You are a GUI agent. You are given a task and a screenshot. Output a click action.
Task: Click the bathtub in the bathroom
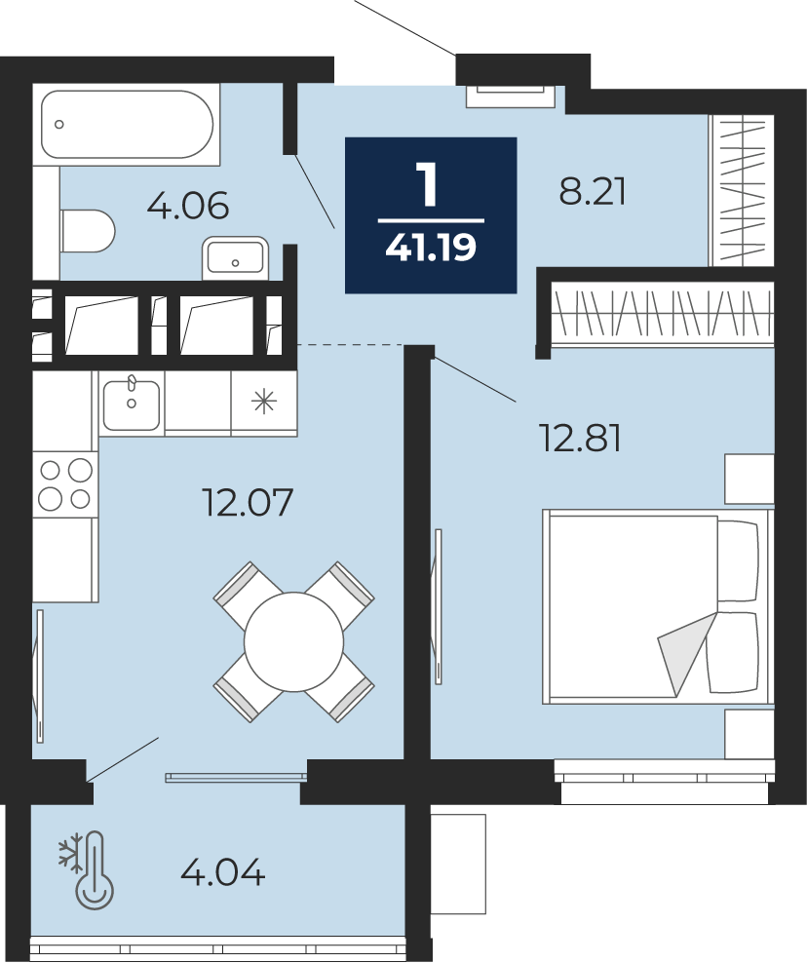click(126, 125)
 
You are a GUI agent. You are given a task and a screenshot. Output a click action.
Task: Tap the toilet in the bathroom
click(88, 231)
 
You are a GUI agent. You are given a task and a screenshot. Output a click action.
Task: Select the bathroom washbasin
click(235, 258)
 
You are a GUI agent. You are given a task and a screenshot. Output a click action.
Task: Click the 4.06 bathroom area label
click(188, 205)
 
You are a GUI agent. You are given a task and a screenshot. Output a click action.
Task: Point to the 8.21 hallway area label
click(592, 191)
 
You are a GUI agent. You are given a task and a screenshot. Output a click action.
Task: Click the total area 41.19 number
click(431, 248)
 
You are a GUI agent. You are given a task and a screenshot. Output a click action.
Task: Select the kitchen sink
click(132, 404)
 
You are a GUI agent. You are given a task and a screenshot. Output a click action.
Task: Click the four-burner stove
click(65, 484)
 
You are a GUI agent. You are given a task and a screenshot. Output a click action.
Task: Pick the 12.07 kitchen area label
click(248, 502)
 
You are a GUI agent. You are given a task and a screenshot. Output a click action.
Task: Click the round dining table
click(293, 641)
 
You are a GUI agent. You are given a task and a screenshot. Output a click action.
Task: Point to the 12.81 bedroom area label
click(580, 439)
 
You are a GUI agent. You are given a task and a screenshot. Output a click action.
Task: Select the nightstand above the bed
click(749, 479)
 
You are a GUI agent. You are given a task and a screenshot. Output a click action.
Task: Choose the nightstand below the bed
click(749, 733)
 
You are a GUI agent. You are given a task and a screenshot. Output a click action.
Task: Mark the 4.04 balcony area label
click(223, 871)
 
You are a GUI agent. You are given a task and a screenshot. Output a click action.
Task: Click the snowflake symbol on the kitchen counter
click(264, 403)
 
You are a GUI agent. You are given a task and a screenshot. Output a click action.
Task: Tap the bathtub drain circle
click(58, 124)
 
